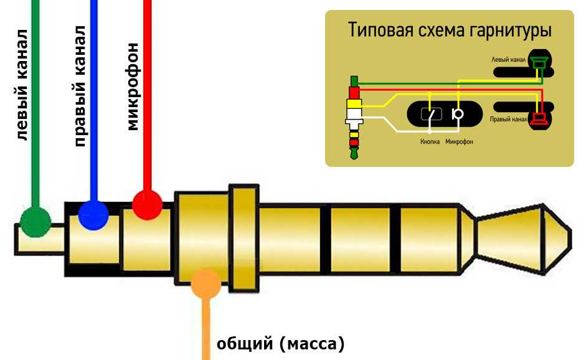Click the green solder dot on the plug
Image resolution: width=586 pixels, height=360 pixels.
[x=35, y=220]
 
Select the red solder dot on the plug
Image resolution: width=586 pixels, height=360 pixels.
[x=147, y=205]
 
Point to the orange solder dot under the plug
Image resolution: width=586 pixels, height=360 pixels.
[x=206, y=283]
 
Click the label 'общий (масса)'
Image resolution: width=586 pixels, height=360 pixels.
[x=280, y=343]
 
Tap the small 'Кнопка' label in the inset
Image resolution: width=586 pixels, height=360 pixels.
[x=430, y=142]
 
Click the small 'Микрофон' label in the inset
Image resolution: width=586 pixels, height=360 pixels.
[x=459, y=142]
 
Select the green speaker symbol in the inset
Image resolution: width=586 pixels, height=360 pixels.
[x=538, y=62]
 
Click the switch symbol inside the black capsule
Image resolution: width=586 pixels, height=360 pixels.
[x=431, y=114]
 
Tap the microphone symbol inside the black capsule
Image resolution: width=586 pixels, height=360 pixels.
[x=458, y=114]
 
